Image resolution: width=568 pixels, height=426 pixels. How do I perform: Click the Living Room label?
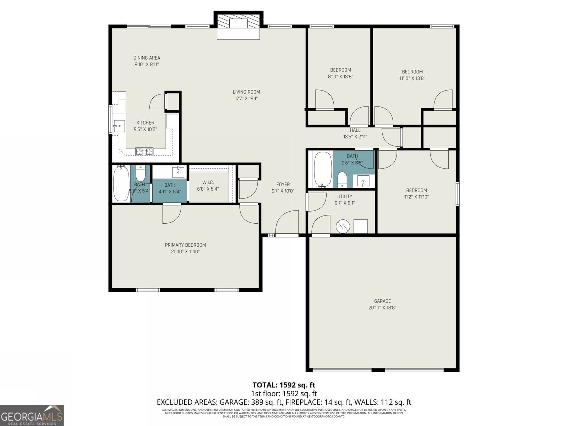[x=246, y=92]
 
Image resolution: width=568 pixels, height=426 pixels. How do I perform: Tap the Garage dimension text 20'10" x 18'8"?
[x=382, y=308]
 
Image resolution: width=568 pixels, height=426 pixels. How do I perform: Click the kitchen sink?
[x=119, y=126]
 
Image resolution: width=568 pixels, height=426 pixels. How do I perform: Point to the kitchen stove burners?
[x=144, y=152]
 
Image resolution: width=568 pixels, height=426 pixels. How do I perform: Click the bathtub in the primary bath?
[x=121, y=184]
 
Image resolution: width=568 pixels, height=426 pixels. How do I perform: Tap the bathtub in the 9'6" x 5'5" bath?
[x=323, y=170]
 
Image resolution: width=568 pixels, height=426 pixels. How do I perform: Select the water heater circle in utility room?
[x=343, y=226]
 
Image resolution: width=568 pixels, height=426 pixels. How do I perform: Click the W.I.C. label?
[x=208, y=182]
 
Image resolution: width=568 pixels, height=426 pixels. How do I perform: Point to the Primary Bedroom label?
[x=185, y=245]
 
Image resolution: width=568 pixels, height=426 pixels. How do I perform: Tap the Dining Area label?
[x=147, y=58]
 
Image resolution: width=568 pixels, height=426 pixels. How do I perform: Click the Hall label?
[x=355, y=130]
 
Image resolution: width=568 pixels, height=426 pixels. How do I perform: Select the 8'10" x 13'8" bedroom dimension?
[x=340, y=77]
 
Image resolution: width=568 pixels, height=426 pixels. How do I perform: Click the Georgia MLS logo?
[x=32, y=415]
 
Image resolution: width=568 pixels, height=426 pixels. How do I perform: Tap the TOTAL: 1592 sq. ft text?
[x=284, y=385]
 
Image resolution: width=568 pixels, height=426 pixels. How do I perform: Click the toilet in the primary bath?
[x=141, y=173]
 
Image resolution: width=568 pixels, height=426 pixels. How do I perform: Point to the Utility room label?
[x=345, y=197]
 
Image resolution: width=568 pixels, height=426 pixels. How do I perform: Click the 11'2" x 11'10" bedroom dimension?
[x=416, y=197]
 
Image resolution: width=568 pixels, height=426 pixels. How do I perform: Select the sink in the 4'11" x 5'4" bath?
[x=178, y=172]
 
